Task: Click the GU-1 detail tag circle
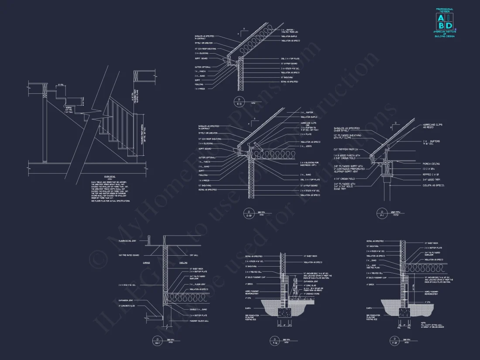coord(156,339)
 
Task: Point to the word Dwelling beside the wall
coord(183,262)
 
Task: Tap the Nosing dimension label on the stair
coord(69,108)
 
